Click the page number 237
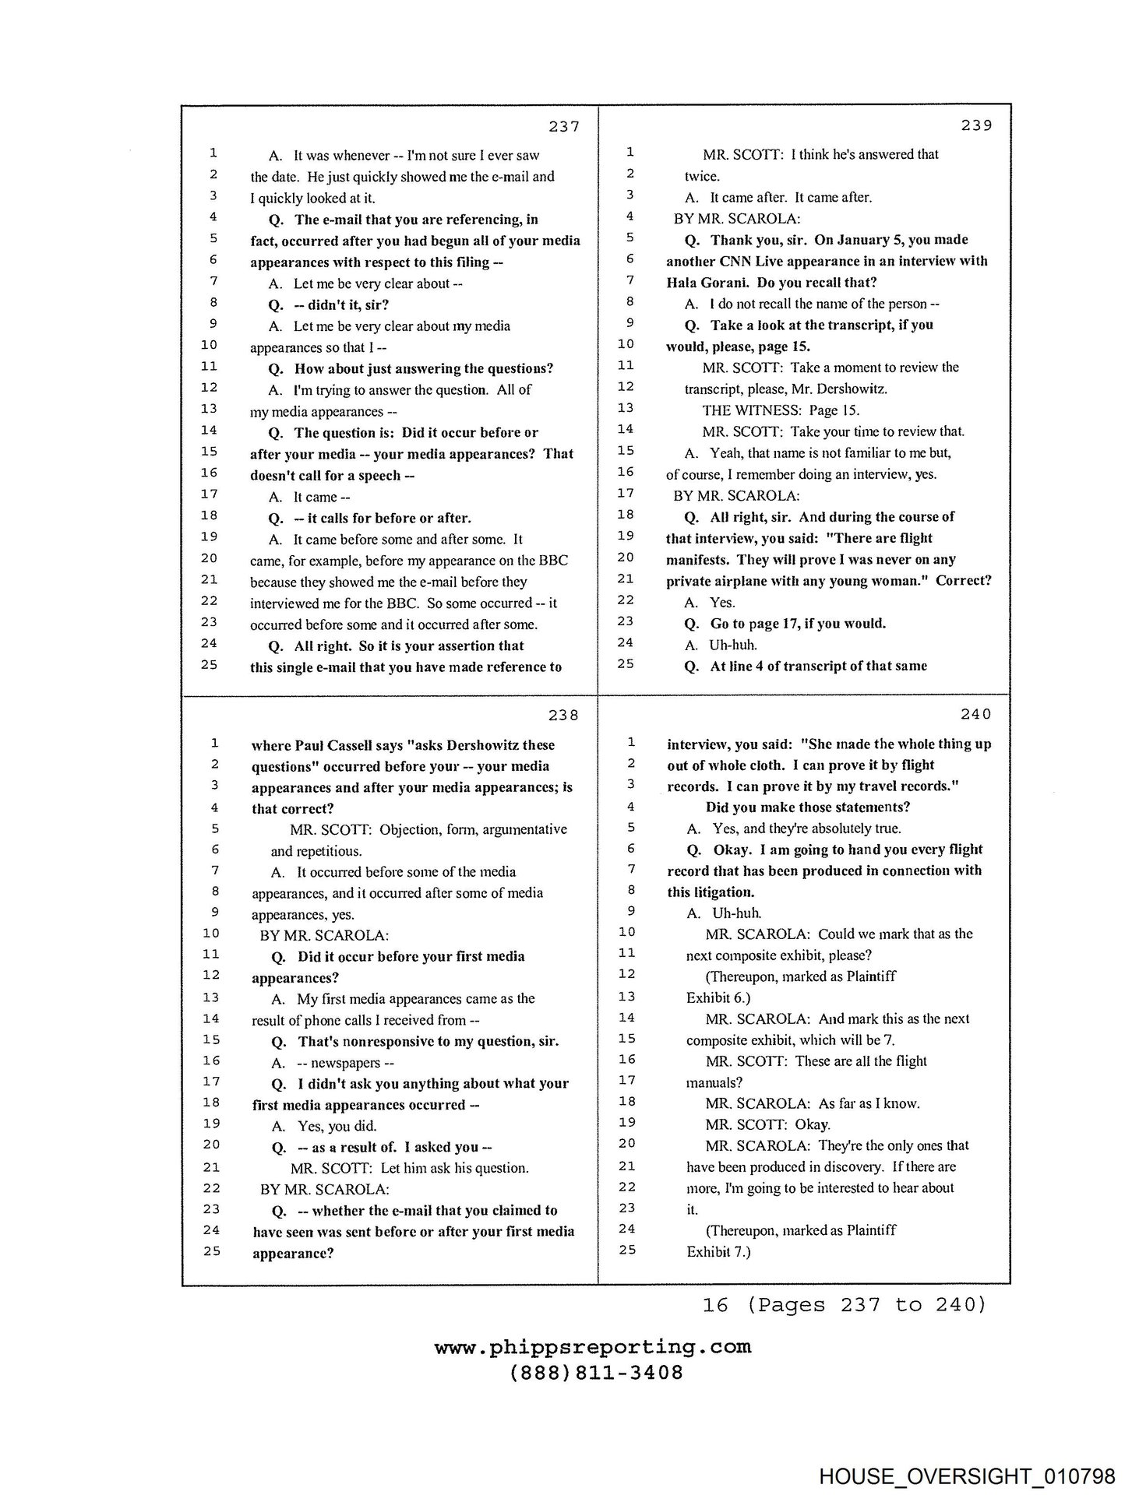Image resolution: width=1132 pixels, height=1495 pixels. (563, 126)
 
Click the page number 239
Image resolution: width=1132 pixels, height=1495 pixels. (976, 125)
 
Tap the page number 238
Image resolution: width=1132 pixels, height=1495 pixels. (563, 715)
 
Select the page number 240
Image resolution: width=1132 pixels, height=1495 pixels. (976, 714)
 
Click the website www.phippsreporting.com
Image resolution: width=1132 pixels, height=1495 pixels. (593, 1347)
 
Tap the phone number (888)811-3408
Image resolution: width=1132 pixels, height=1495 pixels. (596, 1373)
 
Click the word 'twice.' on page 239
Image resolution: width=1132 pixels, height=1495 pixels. (702, 176)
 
